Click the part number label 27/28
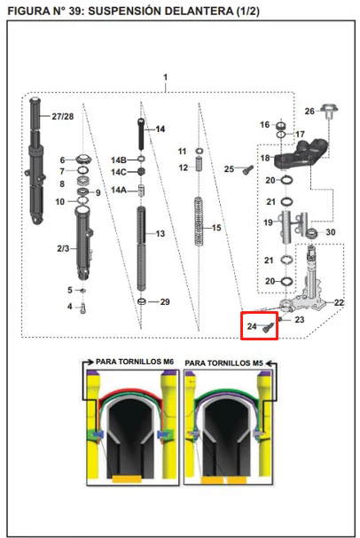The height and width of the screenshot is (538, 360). tap(62, 116)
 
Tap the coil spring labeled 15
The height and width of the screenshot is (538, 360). tap(199, 222)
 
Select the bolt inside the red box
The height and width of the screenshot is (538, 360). tap(269, 327)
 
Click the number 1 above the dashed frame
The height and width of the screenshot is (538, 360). tap(166, 77)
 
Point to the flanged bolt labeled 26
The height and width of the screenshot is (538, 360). tap(329, 112)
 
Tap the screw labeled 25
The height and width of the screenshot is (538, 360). tap(247, 169)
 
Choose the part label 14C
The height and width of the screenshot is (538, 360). tap(119, 172)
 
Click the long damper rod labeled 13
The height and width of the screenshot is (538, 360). tap(142, 247)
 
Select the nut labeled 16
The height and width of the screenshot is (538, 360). tap(281, 125)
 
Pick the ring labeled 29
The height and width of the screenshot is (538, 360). tap(142, 301)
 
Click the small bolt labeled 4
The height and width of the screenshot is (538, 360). tap(82, 308)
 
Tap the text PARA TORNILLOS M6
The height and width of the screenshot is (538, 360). tap(135, 362)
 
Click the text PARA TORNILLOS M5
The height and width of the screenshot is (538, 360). tap(223, 363)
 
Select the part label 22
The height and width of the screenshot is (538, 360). tap(339, 302)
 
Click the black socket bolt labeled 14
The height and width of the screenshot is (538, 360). tap(141, 134)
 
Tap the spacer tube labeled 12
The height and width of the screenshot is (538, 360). tap(199, 164)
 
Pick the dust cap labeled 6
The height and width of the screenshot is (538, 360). tap(82, 160)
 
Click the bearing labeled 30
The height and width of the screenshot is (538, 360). tap(311, 234)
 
